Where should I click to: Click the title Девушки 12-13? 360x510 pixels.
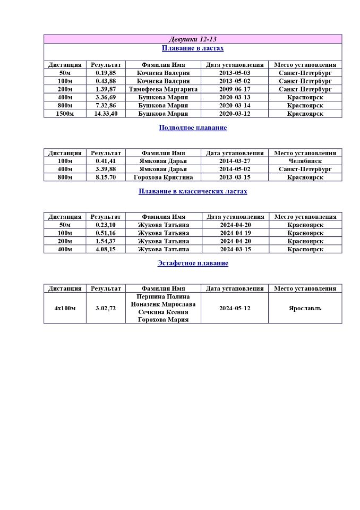(x=193, y=39)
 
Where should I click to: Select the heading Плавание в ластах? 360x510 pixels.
(x=193, y=48)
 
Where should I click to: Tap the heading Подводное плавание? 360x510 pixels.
(x=193, y=128)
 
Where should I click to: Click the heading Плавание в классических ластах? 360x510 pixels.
(x=193, y=191)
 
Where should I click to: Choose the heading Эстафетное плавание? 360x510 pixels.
(x=193, y=263)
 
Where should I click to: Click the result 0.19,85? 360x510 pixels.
(x=106, y=73)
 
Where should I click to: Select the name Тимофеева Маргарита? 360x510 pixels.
(x=163, y=89)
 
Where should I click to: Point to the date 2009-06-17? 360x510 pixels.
(x=235, y=89)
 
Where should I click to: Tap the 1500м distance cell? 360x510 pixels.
(x=65, y=114)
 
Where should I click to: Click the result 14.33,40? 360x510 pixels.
(x=106, y=114)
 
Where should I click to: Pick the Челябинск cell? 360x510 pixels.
(x=305, y=161)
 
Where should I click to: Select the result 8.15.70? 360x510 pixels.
(x=106, y=177)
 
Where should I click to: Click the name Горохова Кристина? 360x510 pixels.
(x=163, y=177)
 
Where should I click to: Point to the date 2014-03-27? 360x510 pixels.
(x=235, y=161)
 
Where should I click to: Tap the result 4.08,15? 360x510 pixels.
(x=106, y=249)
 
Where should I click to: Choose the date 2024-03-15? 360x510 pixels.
(x=235, y=249)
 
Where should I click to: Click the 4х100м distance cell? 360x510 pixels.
(x=65, y=308)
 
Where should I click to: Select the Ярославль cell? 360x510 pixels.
(x=305, y=308)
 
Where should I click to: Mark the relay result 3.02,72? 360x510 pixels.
(x=106, y=308)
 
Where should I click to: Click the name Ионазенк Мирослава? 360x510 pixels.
(x=163, y=304)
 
